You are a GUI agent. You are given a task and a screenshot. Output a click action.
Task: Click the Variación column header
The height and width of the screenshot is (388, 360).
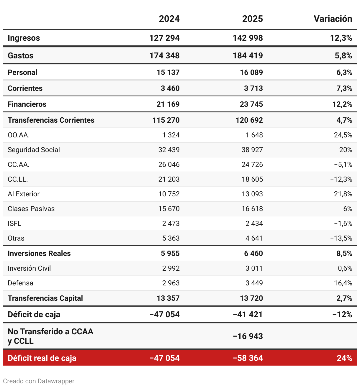click(333, 19)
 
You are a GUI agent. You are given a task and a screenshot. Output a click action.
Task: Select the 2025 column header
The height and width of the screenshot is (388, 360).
click(252, 19)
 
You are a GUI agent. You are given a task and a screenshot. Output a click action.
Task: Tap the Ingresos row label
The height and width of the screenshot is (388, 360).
click(24, 38)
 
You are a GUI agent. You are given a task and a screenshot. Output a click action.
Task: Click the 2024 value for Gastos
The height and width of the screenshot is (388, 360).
click(164, 56)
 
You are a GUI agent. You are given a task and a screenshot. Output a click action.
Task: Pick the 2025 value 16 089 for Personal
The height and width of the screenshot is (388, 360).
click(251, 73)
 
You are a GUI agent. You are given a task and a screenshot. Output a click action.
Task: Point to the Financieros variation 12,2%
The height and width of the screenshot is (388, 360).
click(342, 104)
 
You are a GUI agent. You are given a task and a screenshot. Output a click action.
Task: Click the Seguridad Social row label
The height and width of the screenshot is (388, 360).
click(34, 150)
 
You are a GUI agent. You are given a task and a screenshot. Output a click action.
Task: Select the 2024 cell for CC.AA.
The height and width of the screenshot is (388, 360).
click(169, 165)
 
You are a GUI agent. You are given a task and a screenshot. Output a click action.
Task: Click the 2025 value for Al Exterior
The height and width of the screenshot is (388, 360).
click(252, 194)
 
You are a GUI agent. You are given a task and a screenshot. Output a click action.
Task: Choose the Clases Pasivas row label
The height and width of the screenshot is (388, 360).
click(31, 209)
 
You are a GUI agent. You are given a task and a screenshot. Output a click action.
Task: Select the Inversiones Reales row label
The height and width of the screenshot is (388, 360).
click(39, 254)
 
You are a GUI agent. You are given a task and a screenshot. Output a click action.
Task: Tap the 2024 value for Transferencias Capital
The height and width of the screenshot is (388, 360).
click(168, 298)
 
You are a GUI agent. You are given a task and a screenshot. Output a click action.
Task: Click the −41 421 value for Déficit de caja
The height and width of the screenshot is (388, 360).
click(248, 315)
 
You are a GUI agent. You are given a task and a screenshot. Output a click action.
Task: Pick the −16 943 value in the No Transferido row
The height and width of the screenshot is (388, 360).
click(248, 336)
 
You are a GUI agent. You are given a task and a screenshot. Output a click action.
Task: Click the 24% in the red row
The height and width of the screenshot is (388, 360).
click(344, 358)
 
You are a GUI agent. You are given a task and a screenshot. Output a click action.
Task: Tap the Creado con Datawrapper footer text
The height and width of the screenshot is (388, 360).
click(39, 381)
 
